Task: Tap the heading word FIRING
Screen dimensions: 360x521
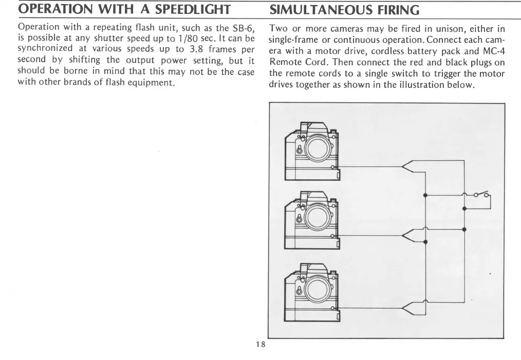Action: (402, 9)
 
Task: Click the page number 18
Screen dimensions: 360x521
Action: (260, 344)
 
